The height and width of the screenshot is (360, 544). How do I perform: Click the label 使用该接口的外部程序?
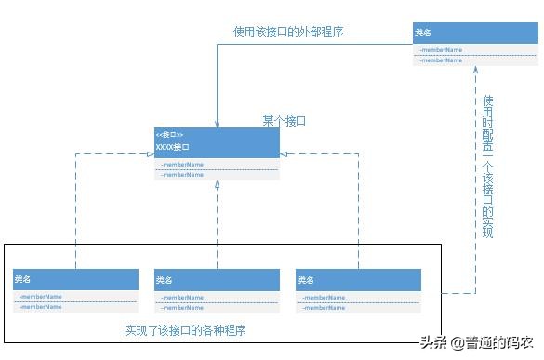[289, 32]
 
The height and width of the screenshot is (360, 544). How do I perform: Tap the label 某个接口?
[284, 121]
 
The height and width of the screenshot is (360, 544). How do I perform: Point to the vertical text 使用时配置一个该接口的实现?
[487, 166]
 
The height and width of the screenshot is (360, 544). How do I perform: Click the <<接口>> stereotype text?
[170, 135]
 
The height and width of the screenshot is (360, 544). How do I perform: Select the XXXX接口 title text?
[173, 147]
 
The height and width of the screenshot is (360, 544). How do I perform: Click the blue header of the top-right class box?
[474, 33]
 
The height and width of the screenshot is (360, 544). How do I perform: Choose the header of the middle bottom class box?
[217, 279]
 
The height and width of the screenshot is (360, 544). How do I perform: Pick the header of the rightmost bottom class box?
[359, 279]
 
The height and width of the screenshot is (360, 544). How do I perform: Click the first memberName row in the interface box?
[182, 164]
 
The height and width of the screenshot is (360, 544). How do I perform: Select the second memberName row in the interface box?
[182, 175]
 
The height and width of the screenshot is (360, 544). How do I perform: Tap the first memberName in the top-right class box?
[440, 50]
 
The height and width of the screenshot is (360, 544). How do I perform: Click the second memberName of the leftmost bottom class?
[41, 306]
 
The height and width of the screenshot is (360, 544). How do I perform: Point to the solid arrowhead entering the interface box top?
[217, 123]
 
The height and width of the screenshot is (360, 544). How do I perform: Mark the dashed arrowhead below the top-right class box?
[475, 70]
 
